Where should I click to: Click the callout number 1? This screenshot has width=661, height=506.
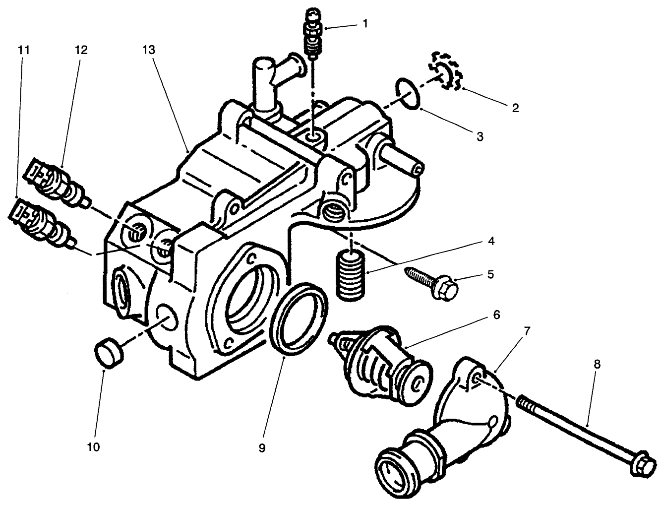click(x=365, y=23)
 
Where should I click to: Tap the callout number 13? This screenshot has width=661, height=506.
click(x=148, y=50)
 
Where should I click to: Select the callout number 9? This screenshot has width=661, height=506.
click(x=262, y=447)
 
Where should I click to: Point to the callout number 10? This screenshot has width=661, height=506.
click(x=93, y=447)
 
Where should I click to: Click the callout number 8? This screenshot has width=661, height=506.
click(x=597, y=364)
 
